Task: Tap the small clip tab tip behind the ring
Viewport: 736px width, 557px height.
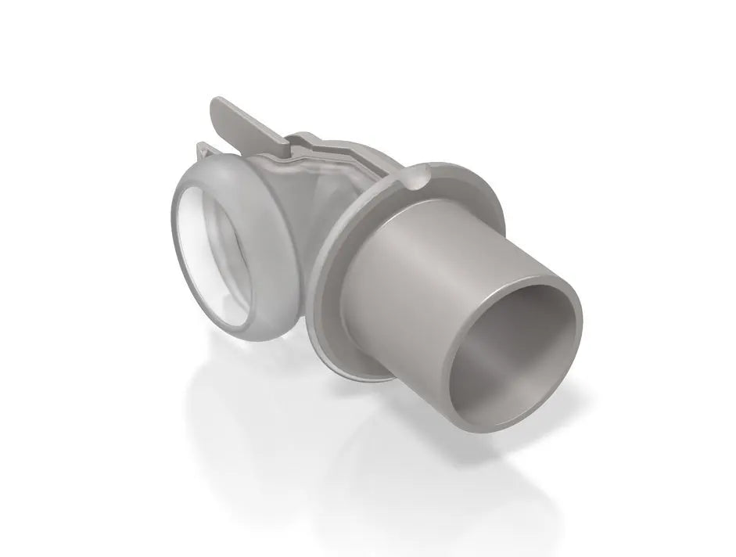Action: [205, 148]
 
